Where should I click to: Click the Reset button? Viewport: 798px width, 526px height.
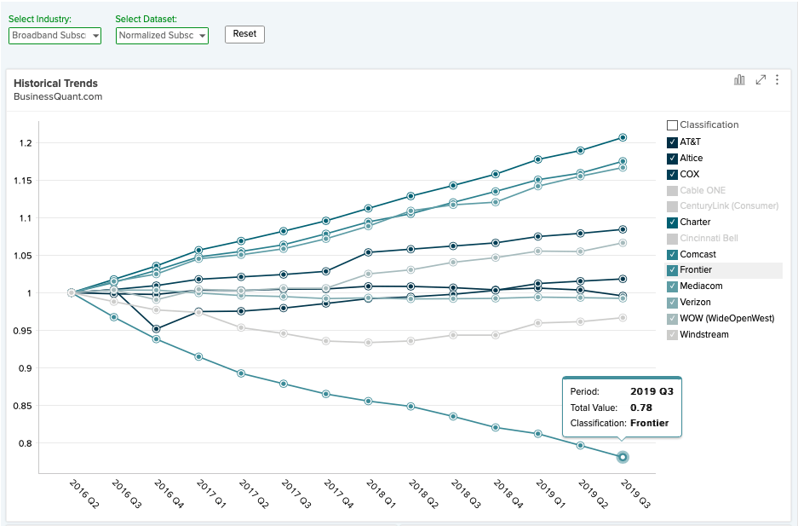tap(244, 34)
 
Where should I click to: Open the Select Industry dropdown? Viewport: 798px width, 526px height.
tap(55, 36)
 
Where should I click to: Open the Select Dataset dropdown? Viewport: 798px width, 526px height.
tap(162, 36)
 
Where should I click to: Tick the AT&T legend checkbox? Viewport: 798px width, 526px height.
tap(672, 142)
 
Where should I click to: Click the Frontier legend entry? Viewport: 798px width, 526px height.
tap(696, 270)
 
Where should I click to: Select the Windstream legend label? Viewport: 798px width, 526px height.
tap(703, 334)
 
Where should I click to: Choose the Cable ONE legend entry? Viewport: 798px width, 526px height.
tap(703, 190)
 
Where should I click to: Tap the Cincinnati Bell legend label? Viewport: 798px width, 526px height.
tap(709, 239)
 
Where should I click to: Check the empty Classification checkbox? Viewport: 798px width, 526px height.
tap(672, 125)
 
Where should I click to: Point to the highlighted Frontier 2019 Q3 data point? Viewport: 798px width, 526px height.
tap(623, 457)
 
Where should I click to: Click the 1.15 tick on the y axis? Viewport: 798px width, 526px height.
tap(22, 181)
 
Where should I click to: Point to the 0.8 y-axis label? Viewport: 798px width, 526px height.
tap(25, 443)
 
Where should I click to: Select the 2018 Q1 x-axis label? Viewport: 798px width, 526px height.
tap(381, 494)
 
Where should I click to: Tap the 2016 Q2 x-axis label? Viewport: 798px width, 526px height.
tap(84, 494)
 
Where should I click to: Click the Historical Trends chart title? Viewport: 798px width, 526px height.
tap(55, 84)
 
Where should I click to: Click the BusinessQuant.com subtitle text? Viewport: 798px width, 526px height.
tap(58, 96)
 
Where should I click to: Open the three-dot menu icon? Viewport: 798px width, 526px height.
tap(777, 79)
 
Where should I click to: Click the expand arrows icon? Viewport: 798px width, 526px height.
tap(761, 79)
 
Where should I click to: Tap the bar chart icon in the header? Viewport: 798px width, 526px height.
tap(739, 79)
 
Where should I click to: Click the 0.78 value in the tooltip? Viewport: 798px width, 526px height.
tap(640, 408)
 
